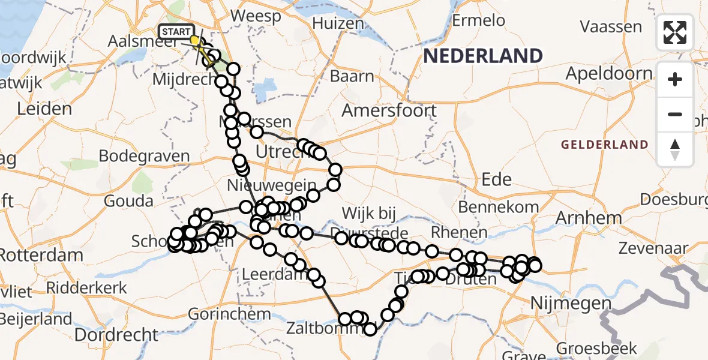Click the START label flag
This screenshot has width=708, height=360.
click(176, 31)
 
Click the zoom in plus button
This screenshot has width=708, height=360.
click(675, 79)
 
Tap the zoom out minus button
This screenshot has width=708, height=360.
click(675, 114)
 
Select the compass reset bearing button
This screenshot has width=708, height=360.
click(675, 149)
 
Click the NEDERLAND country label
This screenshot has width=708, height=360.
click(483, 56)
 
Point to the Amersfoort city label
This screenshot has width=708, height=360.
click(389, 110)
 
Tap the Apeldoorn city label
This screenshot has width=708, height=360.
click(608, 74)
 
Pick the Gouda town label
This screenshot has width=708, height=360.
click(128, 201)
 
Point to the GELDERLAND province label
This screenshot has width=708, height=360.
click(604, 145)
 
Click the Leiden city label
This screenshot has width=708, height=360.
click(44, 109)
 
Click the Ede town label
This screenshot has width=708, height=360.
click(496, 179)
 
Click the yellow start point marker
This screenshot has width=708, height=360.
click(194, 40)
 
